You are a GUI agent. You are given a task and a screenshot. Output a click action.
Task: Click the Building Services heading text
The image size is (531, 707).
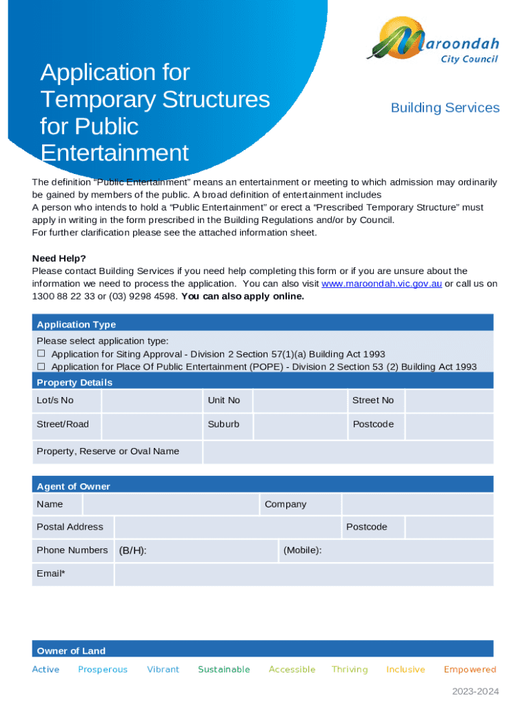pos(445,108)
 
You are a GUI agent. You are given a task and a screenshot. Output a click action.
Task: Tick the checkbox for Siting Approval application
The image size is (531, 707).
pos(41,354)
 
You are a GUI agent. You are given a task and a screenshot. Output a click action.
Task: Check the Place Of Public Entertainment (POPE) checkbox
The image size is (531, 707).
pos(41,367)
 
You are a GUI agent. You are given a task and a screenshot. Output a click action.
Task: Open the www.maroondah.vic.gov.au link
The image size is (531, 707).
pos(381,284)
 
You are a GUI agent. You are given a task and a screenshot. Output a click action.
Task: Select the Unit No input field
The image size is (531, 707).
pos(299,401)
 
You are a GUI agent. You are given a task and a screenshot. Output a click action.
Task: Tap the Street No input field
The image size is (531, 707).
pos(449,401)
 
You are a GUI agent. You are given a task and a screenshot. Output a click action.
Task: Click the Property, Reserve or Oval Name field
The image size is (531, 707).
pos(348,452)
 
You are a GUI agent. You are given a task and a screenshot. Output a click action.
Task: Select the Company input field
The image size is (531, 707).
pos(417,504)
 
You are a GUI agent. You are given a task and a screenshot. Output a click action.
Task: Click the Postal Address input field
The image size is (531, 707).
pos(227,527)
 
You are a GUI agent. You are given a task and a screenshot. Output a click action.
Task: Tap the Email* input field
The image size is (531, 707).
pos(303,574)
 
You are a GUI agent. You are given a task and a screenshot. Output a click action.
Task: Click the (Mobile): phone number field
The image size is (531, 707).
pos(407,551)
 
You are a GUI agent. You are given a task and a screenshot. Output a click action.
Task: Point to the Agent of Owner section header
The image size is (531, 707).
pos(73,486)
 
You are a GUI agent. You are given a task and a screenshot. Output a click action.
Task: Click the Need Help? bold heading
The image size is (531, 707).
pos(59,259)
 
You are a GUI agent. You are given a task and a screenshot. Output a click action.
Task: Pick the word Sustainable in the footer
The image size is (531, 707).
pos(223,669)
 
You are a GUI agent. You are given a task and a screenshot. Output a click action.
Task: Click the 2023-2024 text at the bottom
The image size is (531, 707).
pos(475,692)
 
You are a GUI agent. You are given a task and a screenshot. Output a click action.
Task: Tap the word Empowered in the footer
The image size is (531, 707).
pos(470,669)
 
